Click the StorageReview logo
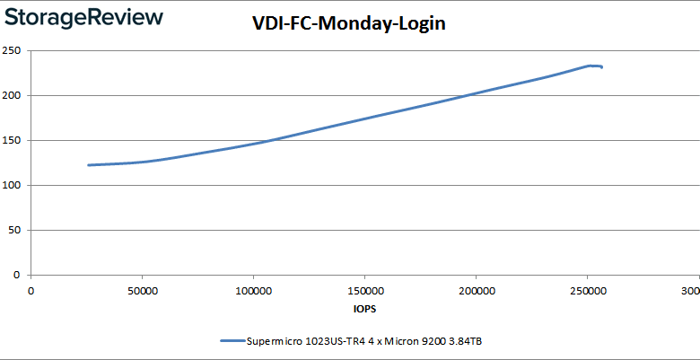pos(83,17)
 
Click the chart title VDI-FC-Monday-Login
pos(348,26)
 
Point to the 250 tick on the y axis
pos(13,50)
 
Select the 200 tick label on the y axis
pos(13,95)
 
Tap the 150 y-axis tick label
pos(13,140)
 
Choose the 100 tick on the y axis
pos(13,185)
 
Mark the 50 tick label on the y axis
pos(15,230)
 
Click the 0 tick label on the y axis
pos(18,275)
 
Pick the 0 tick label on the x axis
pos(31,292)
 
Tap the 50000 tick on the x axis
pos(142,292)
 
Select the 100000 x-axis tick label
pos(253,292)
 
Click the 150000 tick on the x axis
pos(364,292)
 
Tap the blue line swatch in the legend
pos(231,341)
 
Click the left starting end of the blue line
pos(88,165)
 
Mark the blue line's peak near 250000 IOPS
pos(589,66)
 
